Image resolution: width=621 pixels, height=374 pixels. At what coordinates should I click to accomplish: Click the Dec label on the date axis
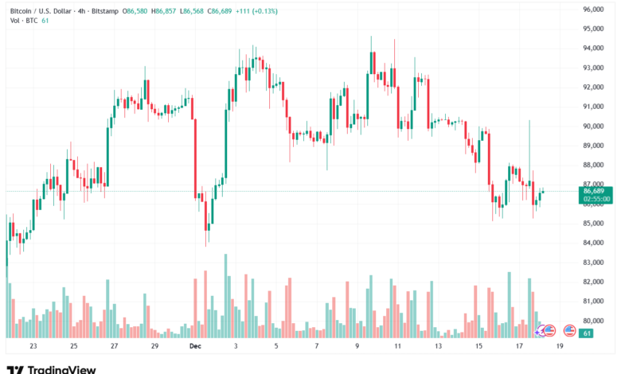pyautogui.click(x=195, y=346)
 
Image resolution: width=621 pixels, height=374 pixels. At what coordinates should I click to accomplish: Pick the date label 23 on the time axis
pyautogui.click(x=33, y=346)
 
